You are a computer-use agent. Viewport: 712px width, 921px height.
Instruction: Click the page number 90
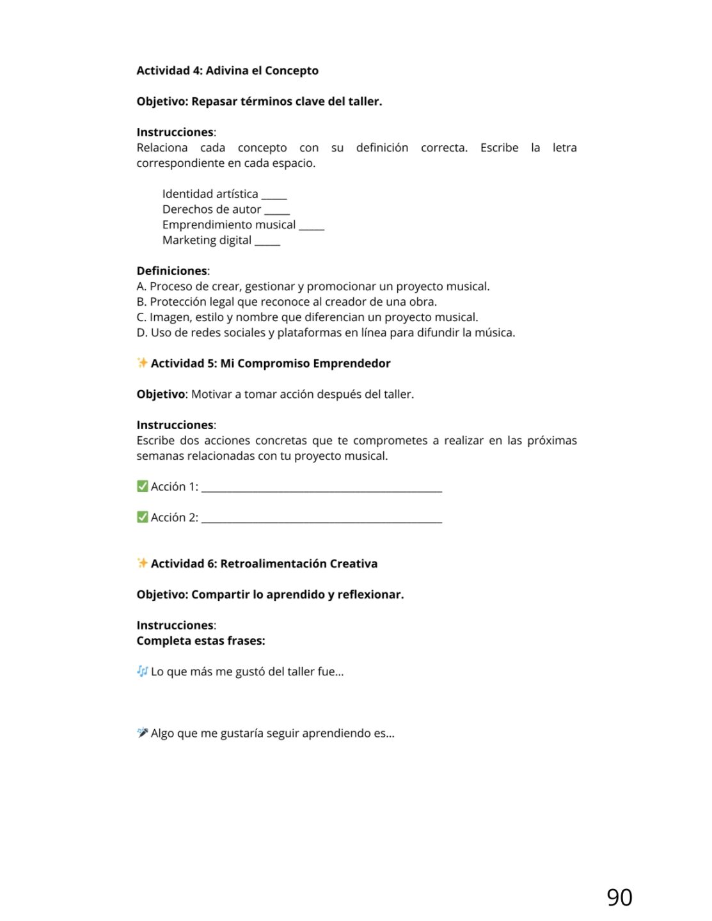619,897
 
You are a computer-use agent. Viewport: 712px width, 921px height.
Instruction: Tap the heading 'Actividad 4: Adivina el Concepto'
227,70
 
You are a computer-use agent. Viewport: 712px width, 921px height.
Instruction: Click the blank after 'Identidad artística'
274,196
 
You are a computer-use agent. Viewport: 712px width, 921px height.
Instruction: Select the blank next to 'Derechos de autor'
277,211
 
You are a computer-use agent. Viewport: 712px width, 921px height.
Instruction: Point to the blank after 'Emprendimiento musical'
312,226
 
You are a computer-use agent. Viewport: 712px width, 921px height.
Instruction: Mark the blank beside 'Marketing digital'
267,242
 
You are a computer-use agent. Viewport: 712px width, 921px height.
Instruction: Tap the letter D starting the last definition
141,333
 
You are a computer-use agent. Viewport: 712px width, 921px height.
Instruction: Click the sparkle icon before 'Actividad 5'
142,363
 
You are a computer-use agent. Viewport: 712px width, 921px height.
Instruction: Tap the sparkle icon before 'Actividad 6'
142,563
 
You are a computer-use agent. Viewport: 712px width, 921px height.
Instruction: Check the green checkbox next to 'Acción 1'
142,486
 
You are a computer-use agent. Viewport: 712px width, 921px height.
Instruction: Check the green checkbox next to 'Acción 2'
142,517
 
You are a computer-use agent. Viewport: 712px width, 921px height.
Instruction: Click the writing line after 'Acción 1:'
322,489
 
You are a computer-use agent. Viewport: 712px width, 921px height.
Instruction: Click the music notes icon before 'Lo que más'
142,671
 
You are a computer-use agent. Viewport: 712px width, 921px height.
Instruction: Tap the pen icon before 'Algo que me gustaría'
142,732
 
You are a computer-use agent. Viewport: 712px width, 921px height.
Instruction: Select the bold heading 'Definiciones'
171,271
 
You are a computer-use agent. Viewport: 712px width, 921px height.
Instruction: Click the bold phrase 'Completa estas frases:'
200,641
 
